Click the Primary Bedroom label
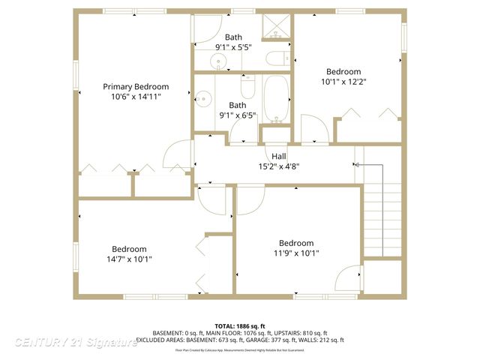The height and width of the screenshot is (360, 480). pyautogui.click(x=135, y=87)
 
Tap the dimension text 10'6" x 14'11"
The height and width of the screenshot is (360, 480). pyautogui.click(x=135, y=97)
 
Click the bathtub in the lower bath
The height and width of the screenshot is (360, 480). pyautogui.click(x=275, y=98)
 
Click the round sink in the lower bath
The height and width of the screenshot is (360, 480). pyautogui.click(x=202, y=97)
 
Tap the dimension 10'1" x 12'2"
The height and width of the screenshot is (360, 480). pyautogui.click(x=344, y=82)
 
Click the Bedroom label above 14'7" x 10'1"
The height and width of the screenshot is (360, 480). pyautogui.click(x=130, y=249)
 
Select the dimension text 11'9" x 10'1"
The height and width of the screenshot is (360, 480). pyautogui.click(x=296, y=253)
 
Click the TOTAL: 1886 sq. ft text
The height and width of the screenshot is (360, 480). pyautogui.click(x=240, y=326)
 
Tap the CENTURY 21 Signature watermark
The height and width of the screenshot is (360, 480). pyautogui.click(x=75, y=342)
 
